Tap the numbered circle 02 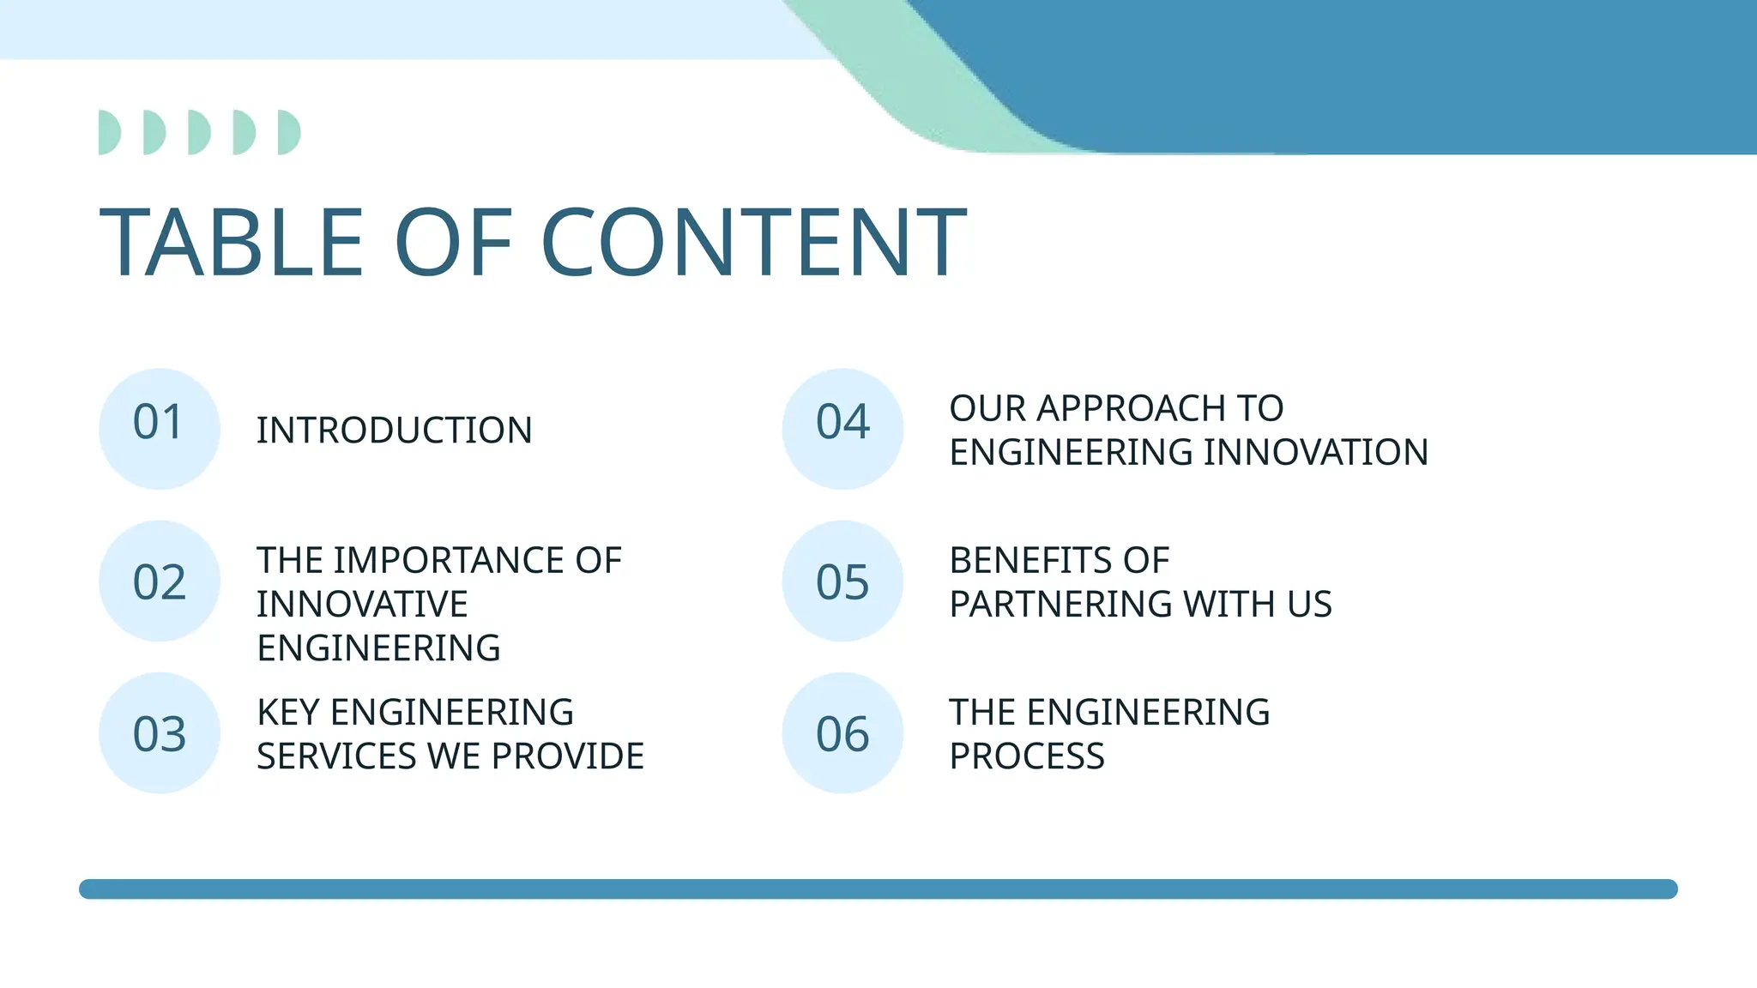click(160, 581)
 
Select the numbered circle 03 click(160, 733)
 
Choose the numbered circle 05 click(842, 581)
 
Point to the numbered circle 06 click(842, 733)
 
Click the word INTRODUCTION click(394, 431)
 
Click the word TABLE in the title click(232, 244)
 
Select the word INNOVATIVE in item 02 click(362, 605)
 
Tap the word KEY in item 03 click(287, 713)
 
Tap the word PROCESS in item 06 click(1026, 756)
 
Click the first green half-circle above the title click(108, 132)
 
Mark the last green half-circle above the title click(288, 132)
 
